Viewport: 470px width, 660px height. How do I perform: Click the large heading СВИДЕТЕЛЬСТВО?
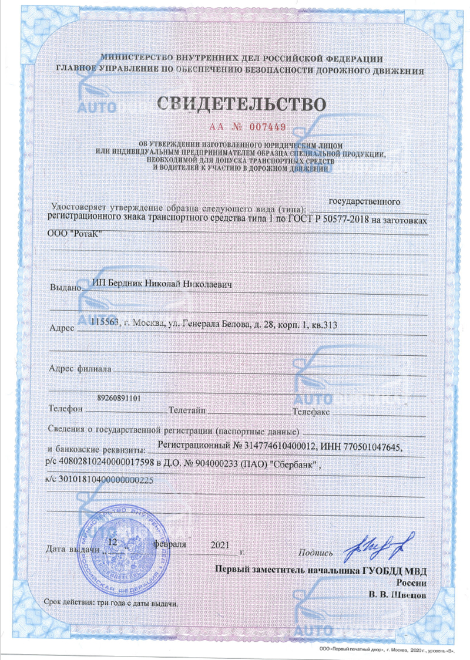pyautogui.click(x=241, y=104)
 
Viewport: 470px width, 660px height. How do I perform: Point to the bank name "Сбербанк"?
pyautogui.click(x=294, y=464)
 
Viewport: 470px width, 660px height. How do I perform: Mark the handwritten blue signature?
pyautogui.click(x=380, y=545)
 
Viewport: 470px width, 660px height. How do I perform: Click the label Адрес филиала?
pyautogui.click(x=78, y=370)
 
